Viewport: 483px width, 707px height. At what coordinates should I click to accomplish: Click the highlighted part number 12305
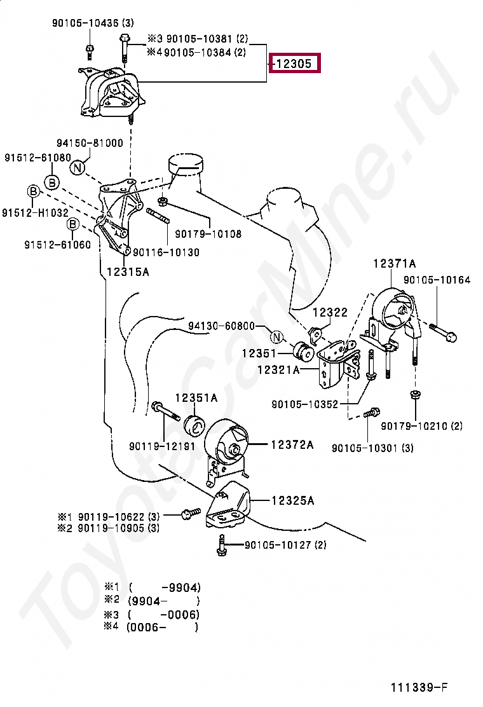point(295,64)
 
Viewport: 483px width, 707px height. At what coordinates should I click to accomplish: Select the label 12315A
point(128,272)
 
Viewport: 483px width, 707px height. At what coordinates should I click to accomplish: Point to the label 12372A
point(292,445)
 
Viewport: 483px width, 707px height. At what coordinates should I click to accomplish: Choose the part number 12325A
point(293,501)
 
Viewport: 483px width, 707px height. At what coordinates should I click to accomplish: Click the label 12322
point(330,312)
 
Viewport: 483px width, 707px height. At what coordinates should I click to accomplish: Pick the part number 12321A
point(278,369)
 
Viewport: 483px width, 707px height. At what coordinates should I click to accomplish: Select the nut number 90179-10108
point(208,234)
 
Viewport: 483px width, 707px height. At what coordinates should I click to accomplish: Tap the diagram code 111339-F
point(419,688)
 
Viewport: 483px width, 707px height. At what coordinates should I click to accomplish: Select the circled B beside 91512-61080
point(52,183)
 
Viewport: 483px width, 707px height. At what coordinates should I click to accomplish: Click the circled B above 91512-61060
point(73,224)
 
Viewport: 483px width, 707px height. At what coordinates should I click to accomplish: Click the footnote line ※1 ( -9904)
point(153,587)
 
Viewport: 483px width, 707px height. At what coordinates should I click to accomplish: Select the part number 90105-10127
point(285,545)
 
